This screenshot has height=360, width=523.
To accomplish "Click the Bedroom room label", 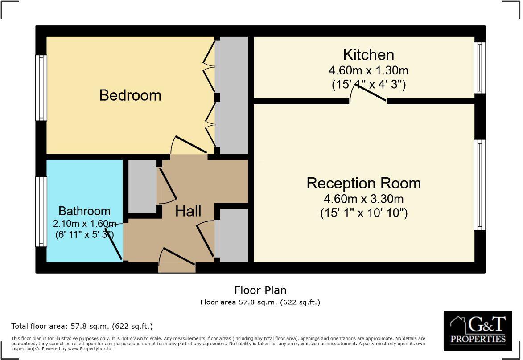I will pos(130,95).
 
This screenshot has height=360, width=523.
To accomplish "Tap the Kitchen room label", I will pos(368,55).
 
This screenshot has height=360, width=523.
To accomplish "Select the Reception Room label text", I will pos(363,183).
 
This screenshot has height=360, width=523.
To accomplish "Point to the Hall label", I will pos(188,211).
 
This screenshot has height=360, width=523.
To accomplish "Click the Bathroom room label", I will pos(84,211).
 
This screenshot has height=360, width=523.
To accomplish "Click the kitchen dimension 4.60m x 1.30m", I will pos(368,70).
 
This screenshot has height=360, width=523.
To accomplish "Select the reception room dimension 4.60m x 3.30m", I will pos(363,199).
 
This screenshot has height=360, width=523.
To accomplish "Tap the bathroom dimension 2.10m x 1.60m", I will pos(84,223).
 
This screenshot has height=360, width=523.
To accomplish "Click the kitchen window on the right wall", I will pos(479,68).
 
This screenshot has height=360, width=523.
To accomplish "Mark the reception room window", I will pos(479,185).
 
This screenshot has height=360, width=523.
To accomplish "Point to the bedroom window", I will pos(41,88).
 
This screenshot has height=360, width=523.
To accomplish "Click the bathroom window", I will pos(41,212).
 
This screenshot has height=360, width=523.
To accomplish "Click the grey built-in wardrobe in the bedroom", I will pos(231,95).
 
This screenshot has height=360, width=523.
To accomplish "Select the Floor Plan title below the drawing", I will pos(260,290).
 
